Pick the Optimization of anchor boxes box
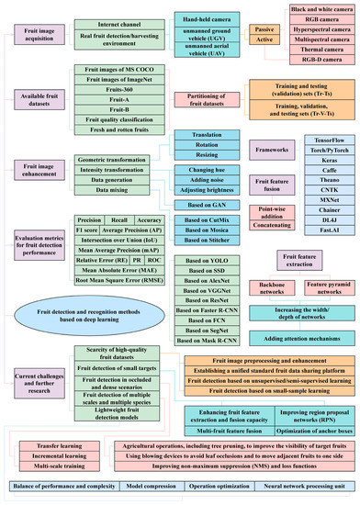click(x=302, y=429)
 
